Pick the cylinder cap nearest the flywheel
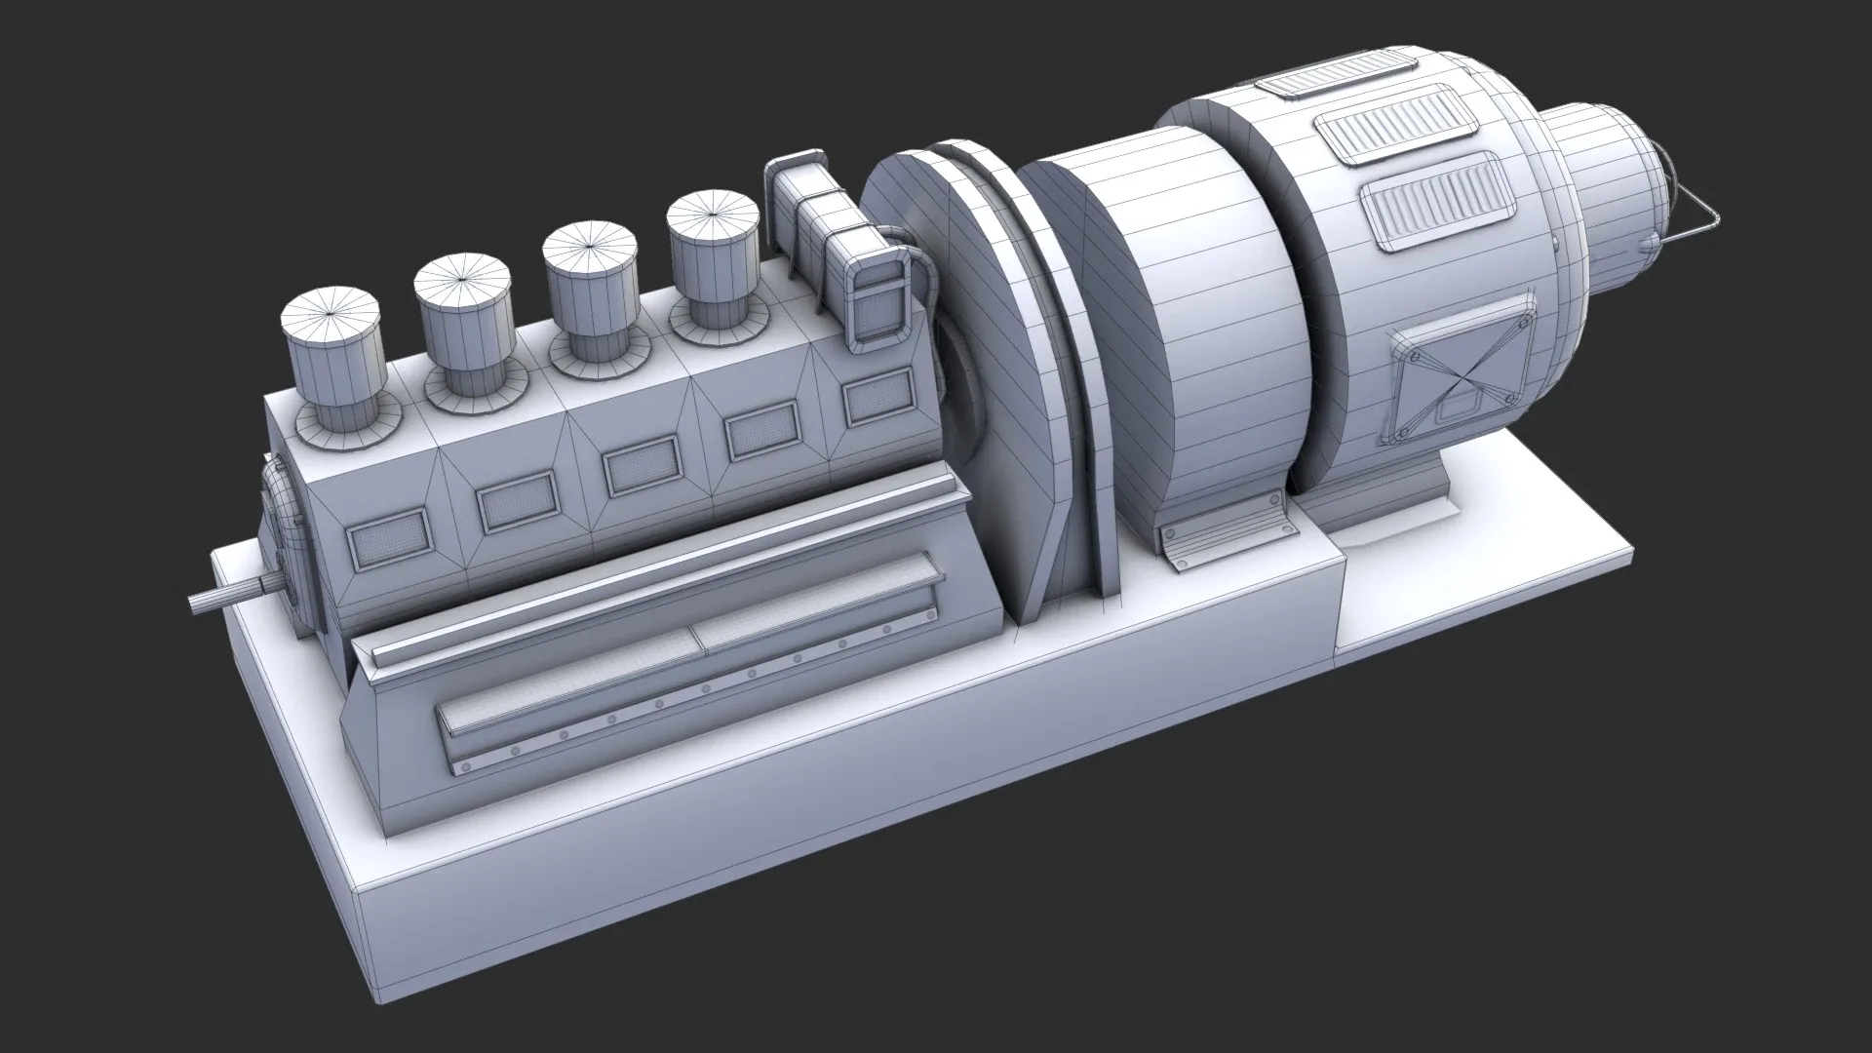tap(712, 235)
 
